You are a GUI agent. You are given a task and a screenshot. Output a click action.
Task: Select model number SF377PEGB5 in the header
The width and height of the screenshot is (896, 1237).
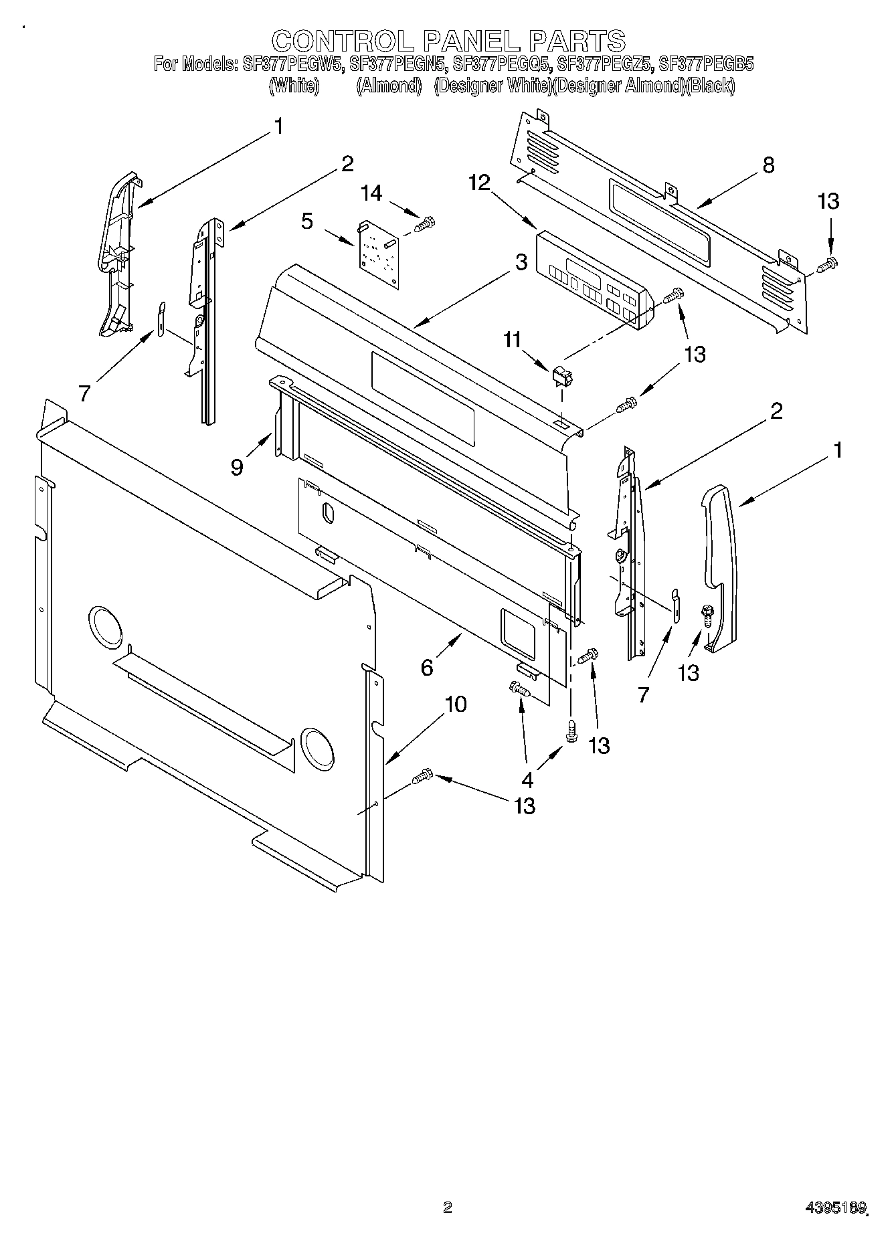click(706, 65)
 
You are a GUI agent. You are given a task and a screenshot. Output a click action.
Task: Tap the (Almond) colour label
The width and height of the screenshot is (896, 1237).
click(388, 86)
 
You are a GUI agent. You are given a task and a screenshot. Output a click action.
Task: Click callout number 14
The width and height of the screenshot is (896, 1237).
click(371, 193)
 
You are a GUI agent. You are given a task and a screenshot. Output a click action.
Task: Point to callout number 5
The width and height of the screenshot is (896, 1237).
click(307, 221)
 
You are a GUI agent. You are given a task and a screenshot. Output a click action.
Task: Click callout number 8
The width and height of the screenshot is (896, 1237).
click(768, 165)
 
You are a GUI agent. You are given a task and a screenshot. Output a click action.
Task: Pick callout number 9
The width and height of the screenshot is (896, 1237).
click(237, 466)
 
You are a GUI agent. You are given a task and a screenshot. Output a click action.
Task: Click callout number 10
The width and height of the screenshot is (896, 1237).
click(456, 704)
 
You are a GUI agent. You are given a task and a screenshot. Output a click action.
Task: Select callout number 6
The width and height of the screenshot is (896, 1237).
click(427, 667)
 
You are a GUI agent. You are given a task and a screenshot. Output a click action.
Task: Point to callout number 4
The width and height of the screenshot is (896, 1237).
click(527, 779)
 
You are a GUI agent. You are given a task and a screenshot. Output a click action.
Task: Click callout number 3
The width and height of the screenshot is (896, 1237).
click(521, 263)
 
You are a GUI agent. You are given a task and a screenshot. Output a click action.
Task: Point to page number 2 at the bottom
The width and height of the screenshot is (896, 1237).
click(448, 1208)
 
